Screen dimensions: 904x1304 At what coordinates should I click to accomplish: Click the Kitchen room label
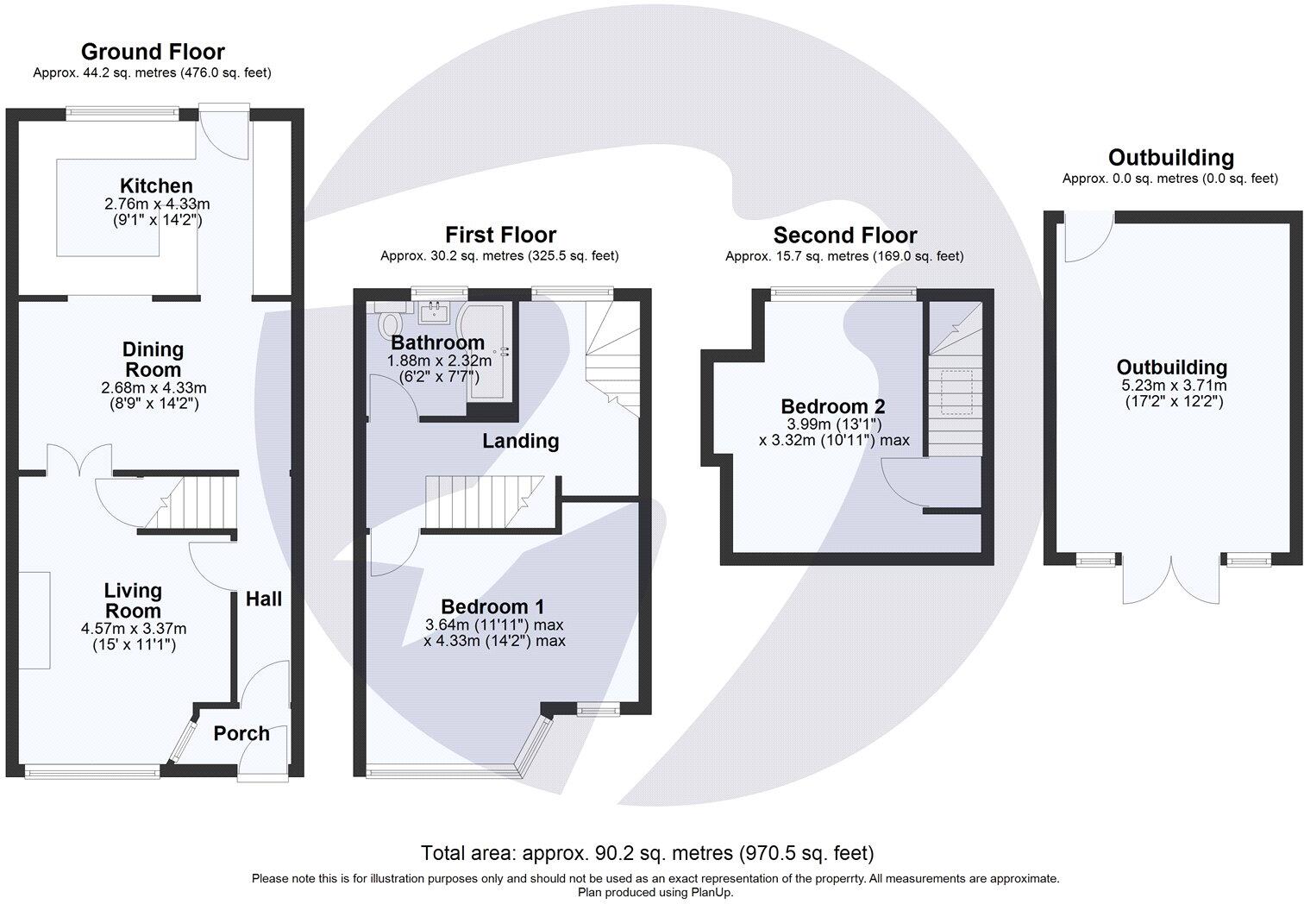pyautogui.click(x=156, y=185)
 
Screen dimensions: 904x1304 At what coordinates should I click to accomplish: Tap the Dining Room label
pyautogui.click(x=153, y=360)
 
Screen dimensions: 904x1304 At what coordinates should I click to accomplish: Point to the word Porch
pyautogui.click(x=241, y=733)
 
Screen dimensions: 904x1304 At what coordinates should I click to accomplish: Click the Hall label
pyautogui.click(x=263, y=599)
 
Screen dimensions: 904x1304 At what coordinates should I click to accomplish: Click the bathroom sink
pyautogui.click(x=434, y=311)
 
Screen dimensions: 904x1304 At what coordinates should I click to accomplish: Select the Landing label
pyautogui.click(x=520, y=441)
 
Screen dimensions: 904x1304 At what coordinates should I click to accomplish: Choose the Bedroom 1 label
pyautogui.click(x=492, y=606)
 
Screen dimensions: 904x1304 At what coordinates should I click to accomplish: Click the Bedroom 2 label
pyautogui.click(x=832, y=405)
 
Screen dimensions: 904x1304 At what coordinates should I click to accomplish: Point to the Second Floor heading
pyautogui.click(x=844, y=235)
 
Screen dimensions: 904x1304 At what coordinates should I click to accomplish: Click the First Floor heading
pyautogui.click(x=500, y=235)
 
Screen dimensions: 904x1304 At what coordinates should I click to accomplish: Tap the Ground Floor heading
pyautogui.click(x=153, y=52)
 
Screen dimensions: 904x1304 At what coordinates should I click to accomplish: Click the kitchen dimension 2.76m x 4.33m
pyautogui.click(x=156, y=204)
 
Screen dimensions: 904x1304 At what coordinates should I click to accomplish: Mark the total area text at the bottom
pyautogui.click(x=647, y=853)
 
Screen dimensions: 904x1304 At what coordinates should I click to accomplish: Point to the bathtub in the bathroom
pyautogui.click(x=488, y=350)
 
